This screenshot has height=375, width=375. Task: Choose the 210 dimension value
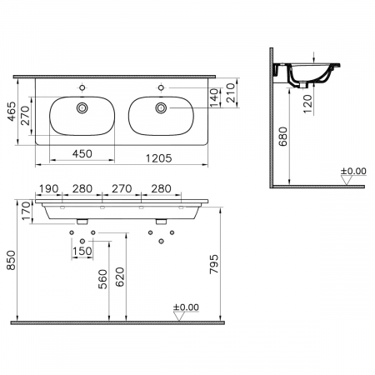237,94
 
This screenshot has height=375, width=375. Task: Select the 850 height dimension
10,262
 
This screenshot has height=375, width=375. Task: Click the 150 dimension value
82,252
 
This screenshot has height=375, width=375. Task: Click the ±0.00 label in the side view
353,172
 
